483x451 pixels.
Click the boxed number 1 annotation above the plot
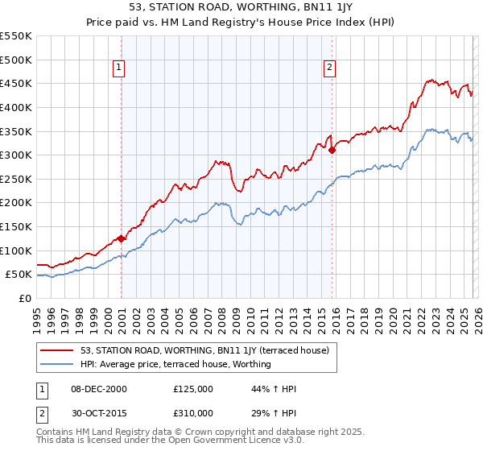(x=118, y=68)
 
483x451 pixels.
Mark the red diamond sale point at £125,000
(x=121, y=238)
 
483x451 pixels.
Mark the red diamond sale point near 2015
(x=332, y=149)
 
